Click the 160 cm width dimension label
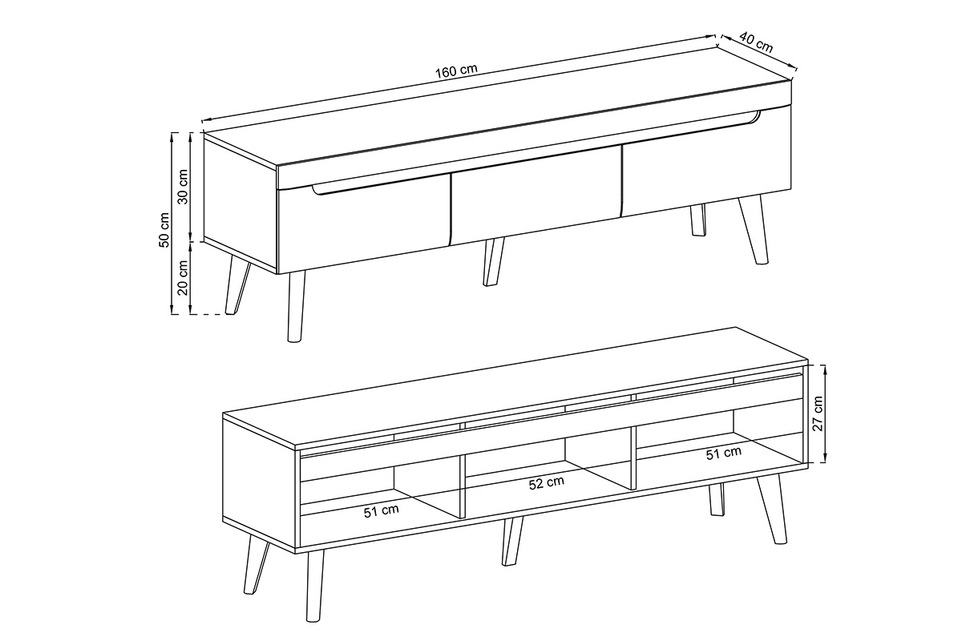pyautogui.click(x=456, y=71)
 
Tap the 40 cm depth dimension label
pyautogui.click(x=756, y=43)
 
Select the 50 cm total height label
pyautogui.click(x=164, y=230)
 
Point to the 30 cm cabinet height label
pyautogui.click(x=183, y=187)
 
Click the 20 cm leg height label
pyautogui.click(x=183, y=277)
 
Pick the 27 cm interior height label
pyautogui.click(x=818, y=413)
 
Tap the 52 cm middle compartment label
pyautogui.click(x=546, y=483)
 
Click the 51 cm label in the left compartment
pyautogui.click(x=382, y=511)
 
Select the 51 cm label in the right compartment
pyautogui.click(x=724, y=454)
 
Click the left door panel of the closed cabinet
pyautogui.click(x=364, y=224)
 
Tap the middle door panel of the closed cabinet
pyautogui.click(x=536, y=196)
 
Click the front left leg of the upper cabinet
pyautogui.click(x=297, y=306)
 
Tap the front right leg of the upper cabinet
pyautogui.click(x=754, y=230)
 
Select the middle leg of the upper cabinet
pyautogui.click(x=494, y=261)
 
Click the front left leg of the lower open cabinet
pyautogui.click(x=315, y=585)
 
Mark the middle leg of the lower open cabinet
pyautogui.click(x=512, y=541)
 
